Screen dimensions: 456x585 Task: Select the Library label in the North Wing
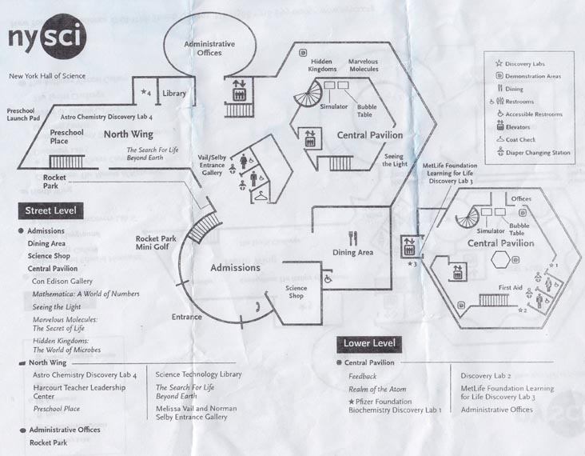(x=174, y=94)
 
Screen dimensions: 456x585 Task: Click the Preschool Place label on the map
(x=66, y=136)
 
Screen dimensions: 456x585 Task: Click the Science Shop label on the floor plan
(x=296, y=292)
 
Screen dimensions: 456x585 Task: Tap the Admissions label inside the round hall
(x=235, y=267)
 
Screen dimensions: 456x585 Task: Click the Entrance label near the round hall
(x=186, y=317)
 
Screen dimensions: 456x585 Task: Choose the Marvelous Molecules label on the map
(x=364, y=66)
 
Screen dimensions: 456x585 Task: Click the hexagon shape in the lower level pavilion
(x=501, y=260)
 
